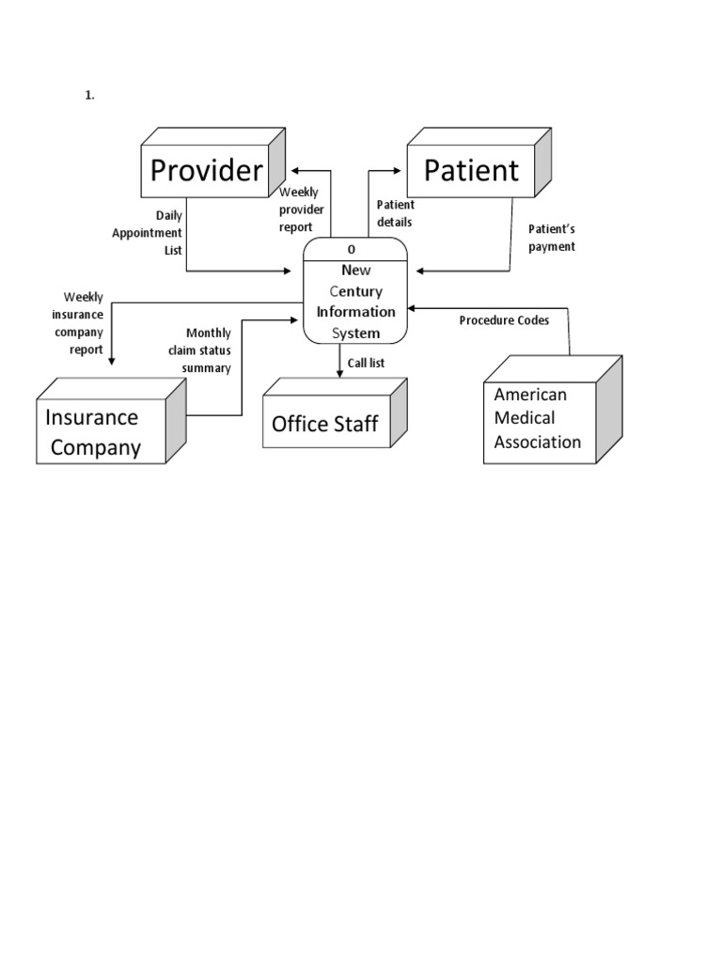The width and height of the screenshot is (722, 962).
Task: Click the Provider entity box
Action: [x=206, y=171]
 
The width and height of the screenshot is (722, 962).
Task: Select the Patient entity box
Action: [x=470, y=171]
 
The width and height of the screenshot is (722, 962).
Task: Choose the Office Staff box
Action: [x=325, y=424]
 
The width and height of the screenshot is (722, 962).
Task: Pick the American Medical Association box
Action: [x=539, y=418]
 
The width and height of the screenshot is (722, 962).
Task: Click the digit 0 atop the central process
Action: [x=352, y=250]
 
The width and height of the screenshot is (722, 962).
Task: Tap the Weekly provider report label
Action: [x=302, y=209]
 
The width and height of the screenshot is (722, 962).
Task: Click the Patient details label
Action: [x=395, y=213]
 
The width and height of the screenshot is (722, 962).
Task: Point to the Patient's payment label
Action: [x=552, y=237]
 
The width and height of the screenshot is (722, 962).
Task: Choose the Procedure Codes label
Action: [x=504, y=320]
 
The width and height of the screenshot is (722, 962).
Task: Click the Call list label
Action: [x=367, y=363]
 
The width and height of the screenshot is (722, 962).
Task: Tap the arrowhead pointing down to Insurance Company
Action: [x=111, y=360]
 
